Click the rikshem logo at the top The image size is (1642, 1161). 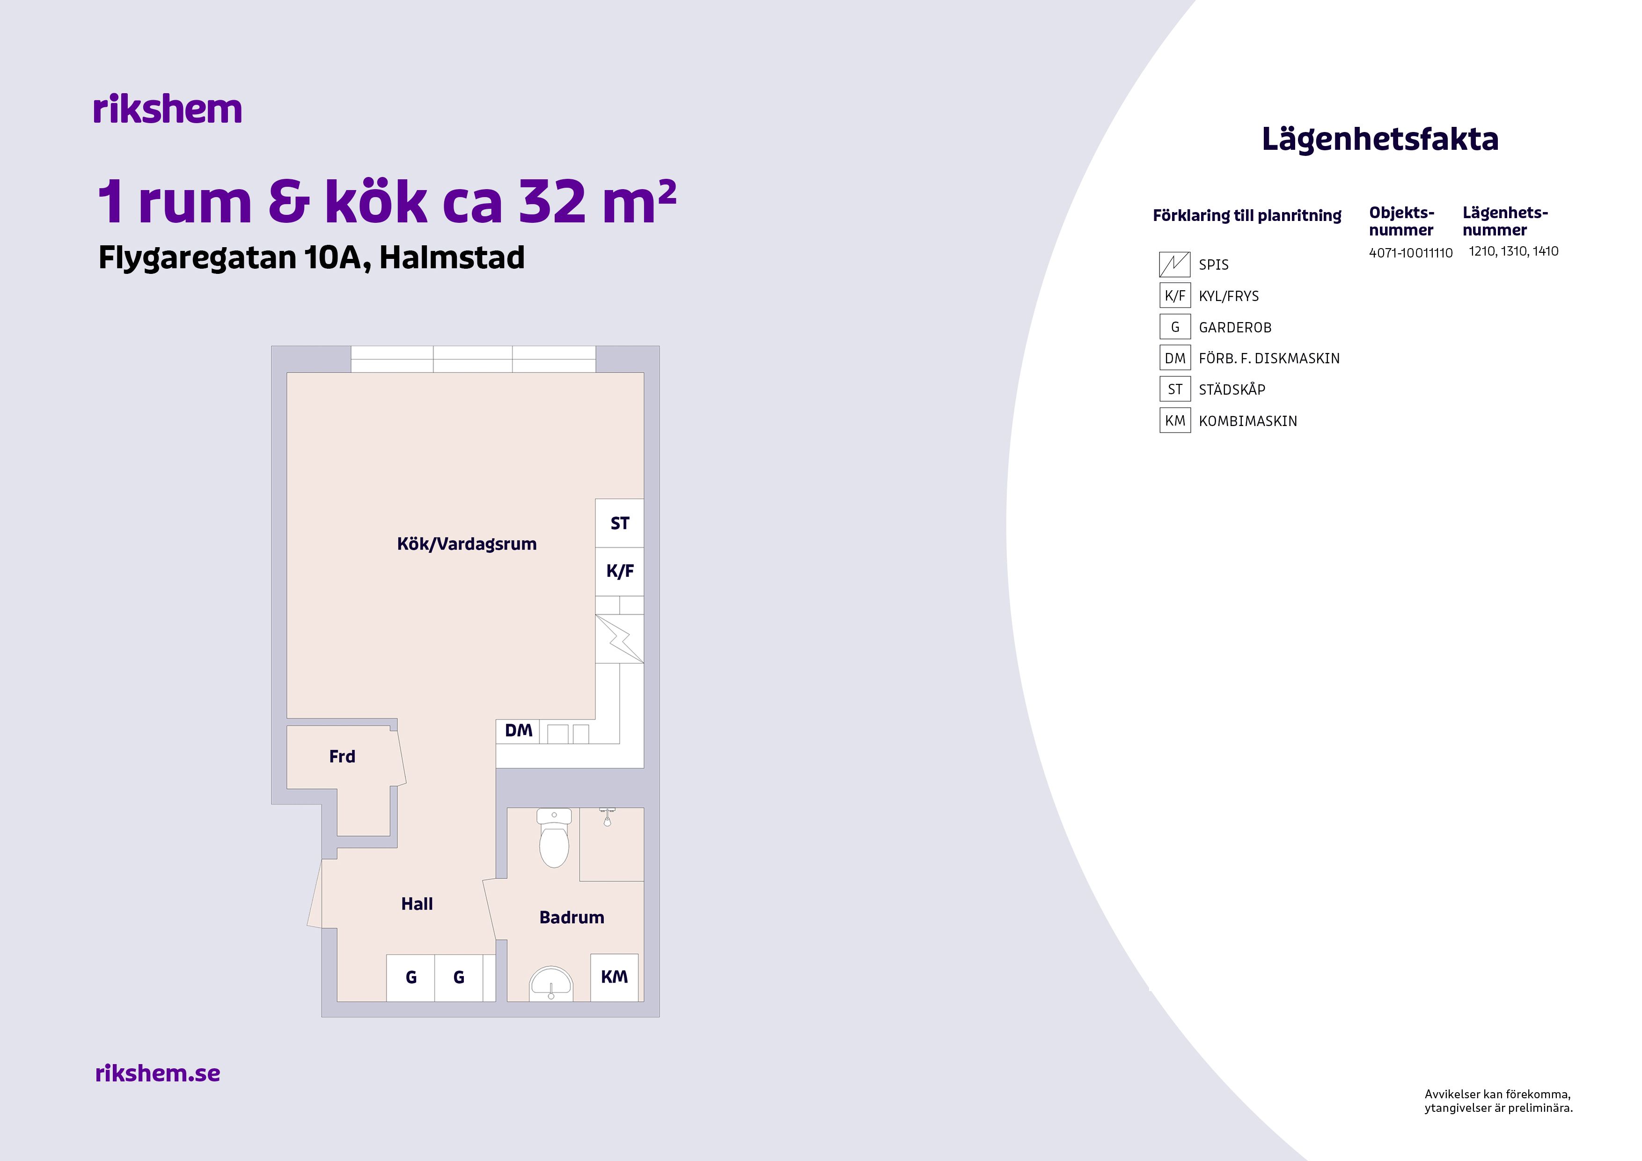(168, 110)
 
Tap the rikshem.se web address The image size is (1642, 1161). (157, 1073)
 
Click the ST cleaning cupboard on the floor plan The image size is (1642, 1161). (619, 523)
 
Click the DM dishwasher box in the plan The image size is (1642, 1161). (519, 730)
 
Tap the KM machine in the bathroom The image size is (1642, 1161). (614, 977)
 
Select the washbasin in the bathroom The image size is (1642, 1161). (550, 984)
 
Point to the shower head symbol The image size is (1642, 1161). (607, 816)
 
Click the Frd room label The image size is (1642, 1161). (342, 756)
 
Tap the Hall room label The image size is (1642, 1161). (417, 904)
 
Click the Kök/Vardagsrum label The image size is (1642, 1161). (466, 544)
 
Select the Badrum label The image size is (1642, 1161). (572, 917)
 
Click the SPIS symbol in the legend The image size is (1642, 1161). (1174, 264)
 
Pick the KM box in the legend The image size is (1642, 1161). (1174, 420)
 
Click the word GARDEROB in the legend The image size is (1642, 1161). (1235, 328)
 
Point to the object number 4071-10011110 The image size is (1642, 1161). (1410, 252)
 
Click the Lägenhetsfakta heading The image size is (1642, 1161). (1379, 139)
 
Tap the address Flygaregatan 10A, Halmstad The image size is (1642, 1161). (311, 257)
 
